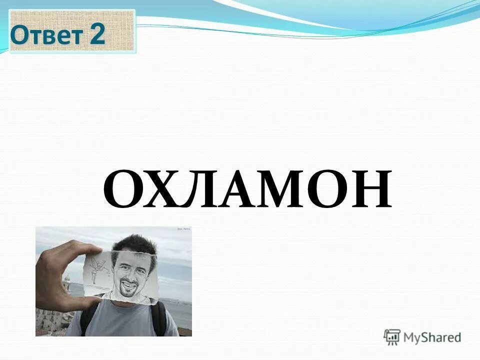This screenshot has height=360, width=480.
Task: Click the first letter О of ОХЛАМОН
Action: tap(126, 189)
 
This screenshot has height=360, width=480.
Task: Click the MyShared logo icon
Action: tap(392, 337)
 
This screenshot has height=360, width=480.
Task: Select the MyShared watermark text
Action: tap(432, 338)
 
